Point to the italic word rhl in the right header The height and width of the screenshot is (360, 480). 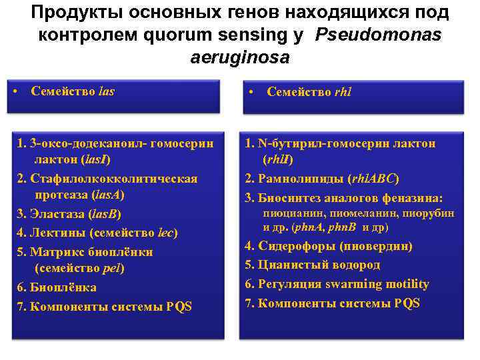point(342,93)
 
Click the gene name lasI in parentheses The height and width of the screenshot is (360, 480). point(95,160)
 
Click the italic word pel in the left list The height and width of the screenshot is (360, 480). point(111,268)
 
